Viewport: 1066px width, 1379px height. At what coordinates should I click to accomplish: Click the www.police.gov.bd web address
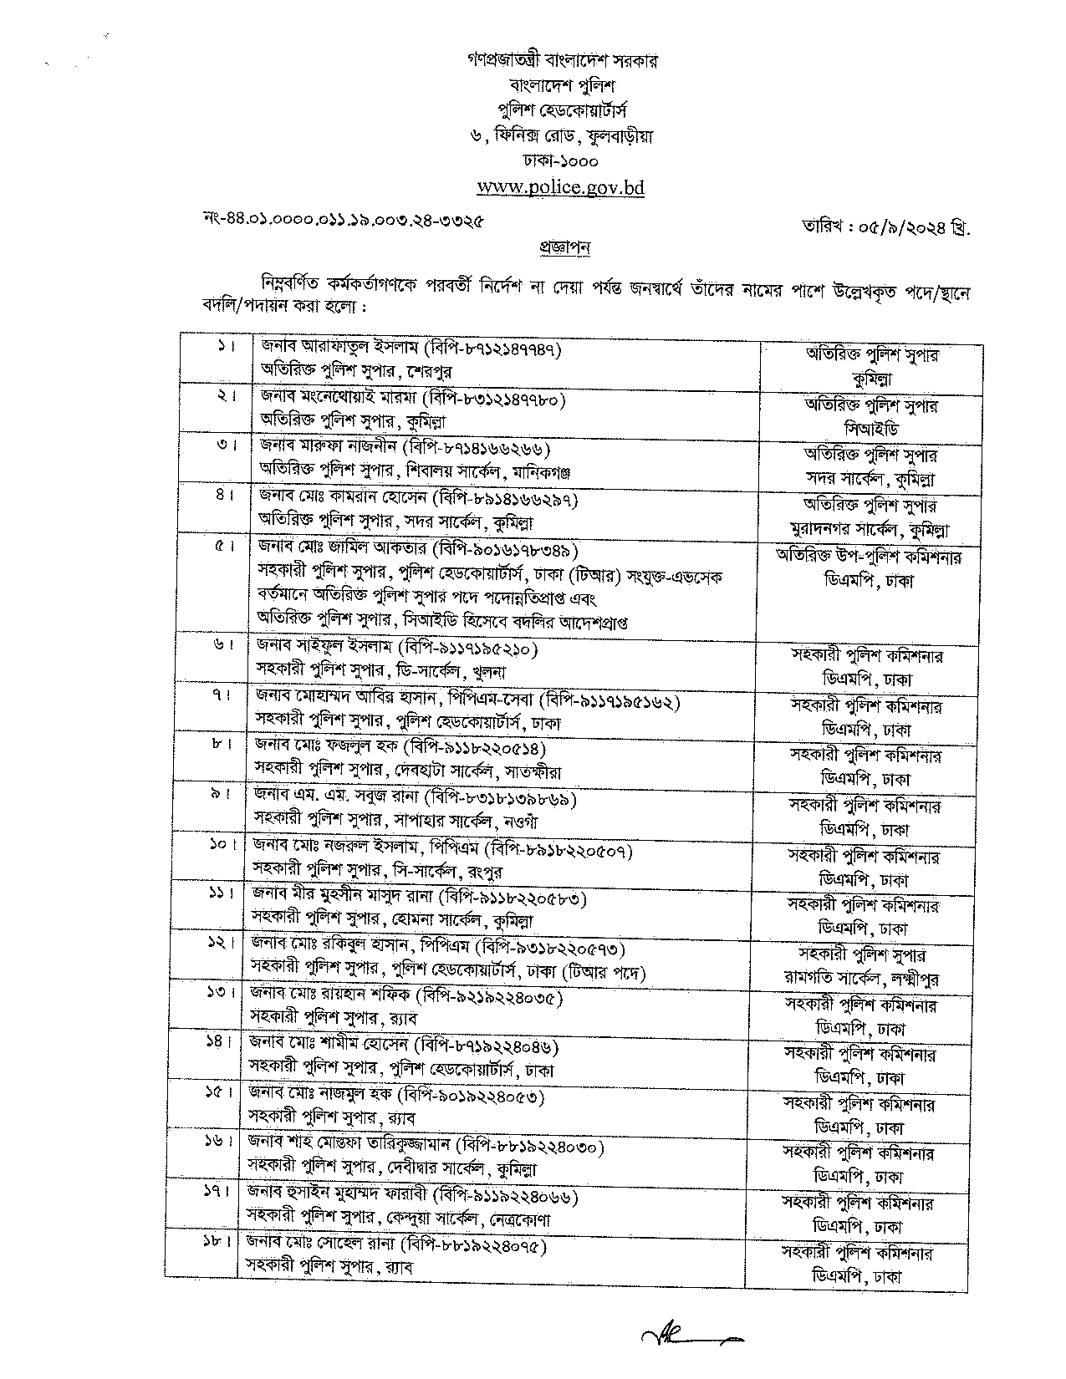pyautogui.click(x=559, y=187)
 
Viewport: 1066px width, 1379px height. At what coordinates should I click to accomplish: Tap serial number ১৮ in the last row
pyautogui.click(x=220, y=1243)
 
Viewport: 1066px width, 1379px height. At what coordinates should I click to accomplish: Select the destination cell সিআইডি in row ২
pyautogui.click(x=870, y=430)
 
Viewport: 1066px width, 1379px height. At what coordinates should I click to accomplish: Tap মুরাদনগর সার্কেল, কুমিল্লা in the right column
pyautogui.click(x=870, y=530)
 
